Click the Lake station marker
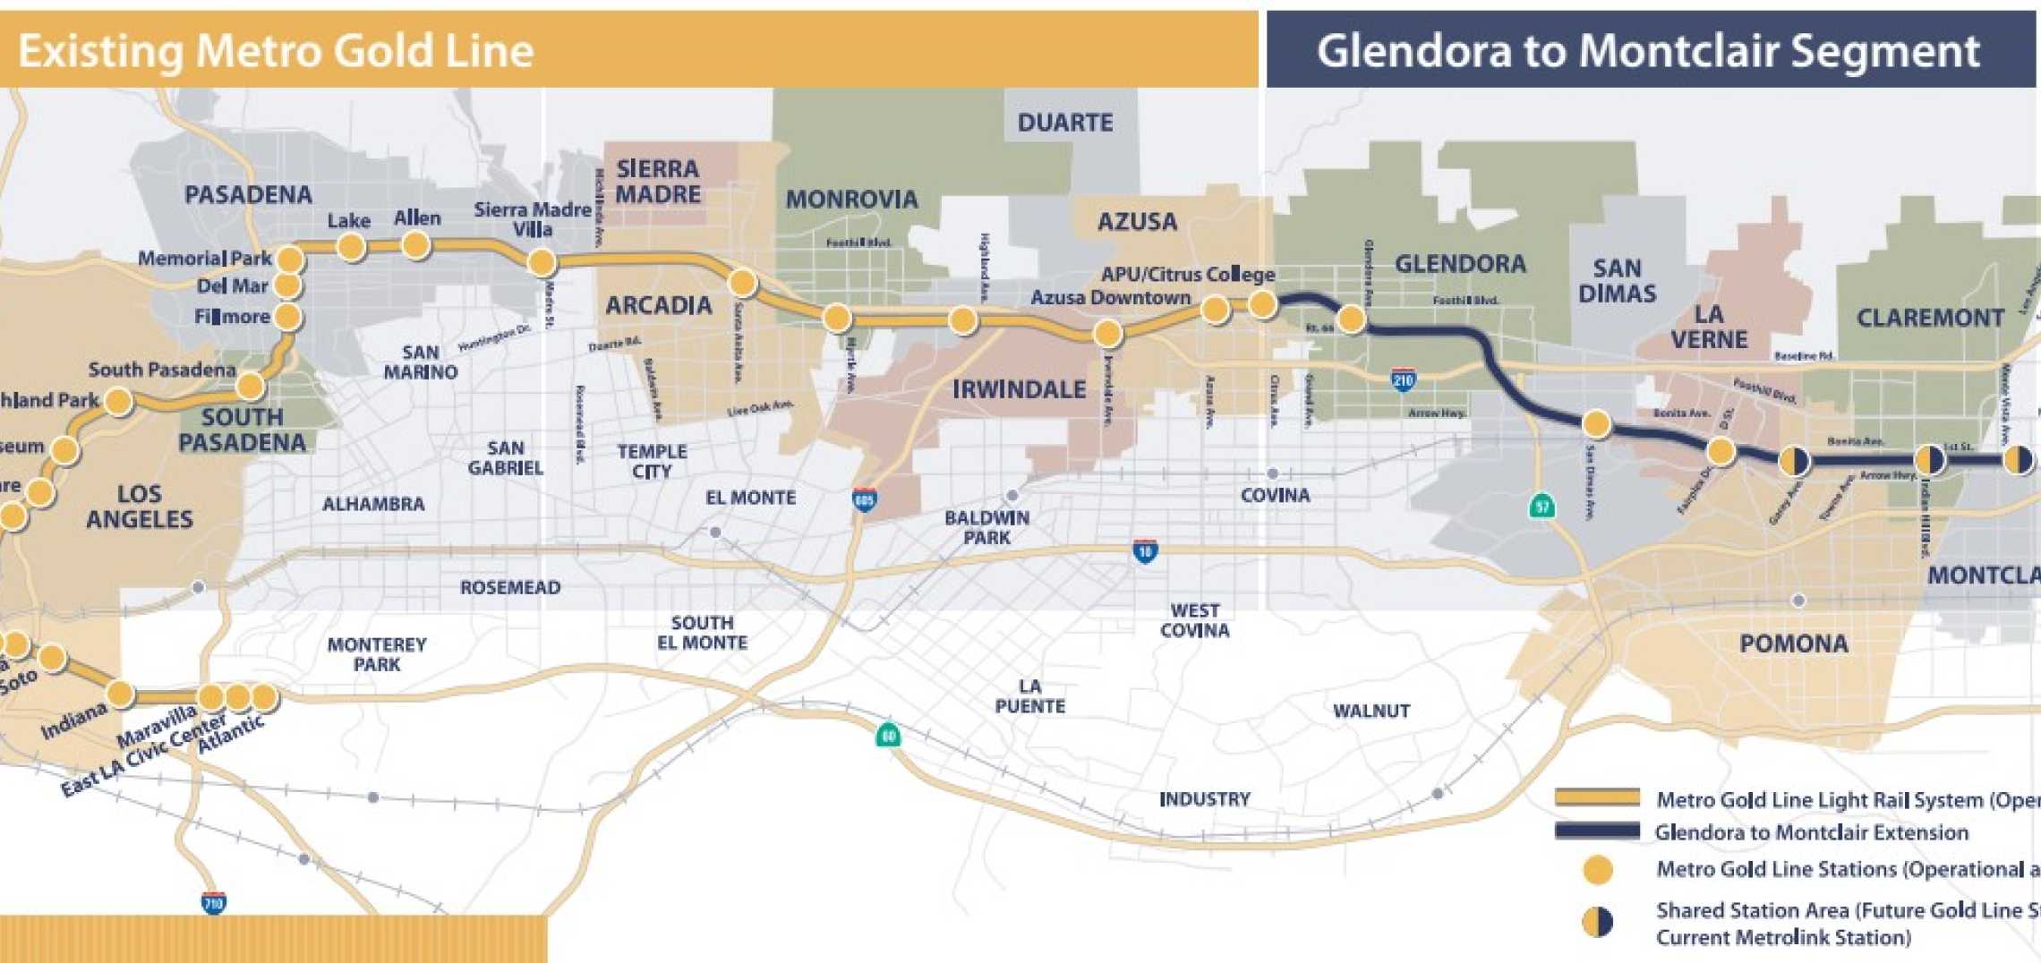tap(351, 246)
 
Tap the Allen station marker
tap(416, 244)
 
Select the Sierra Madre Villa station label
tap(532, 219)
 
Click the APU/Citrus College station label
tap(1187, 275)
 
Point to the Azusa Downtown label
tap(1110, 298)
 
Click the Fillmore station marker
tap(287, 316)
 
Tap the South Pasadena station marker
tap(250, 386)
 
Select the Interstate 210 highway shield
tap(1403, 380)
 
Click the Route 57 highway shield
tap(1541, 507)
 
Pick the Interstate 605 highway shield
tap(864, 500)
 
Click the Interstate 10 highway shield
tap(1145, 551)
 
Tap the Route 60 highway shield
tap(887, 736)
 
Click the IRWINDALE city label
tap(1019, 390)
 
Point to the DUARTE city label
tap(1064, 123)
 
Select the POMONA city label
tap(1793, 643)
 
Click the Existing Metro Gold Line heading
tap(276, 50)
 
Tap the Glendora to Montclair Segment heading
tap(1647, 50)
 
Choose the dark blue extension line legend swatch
tap(1597, 831)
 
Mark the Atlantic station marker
tap(263, 696)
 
